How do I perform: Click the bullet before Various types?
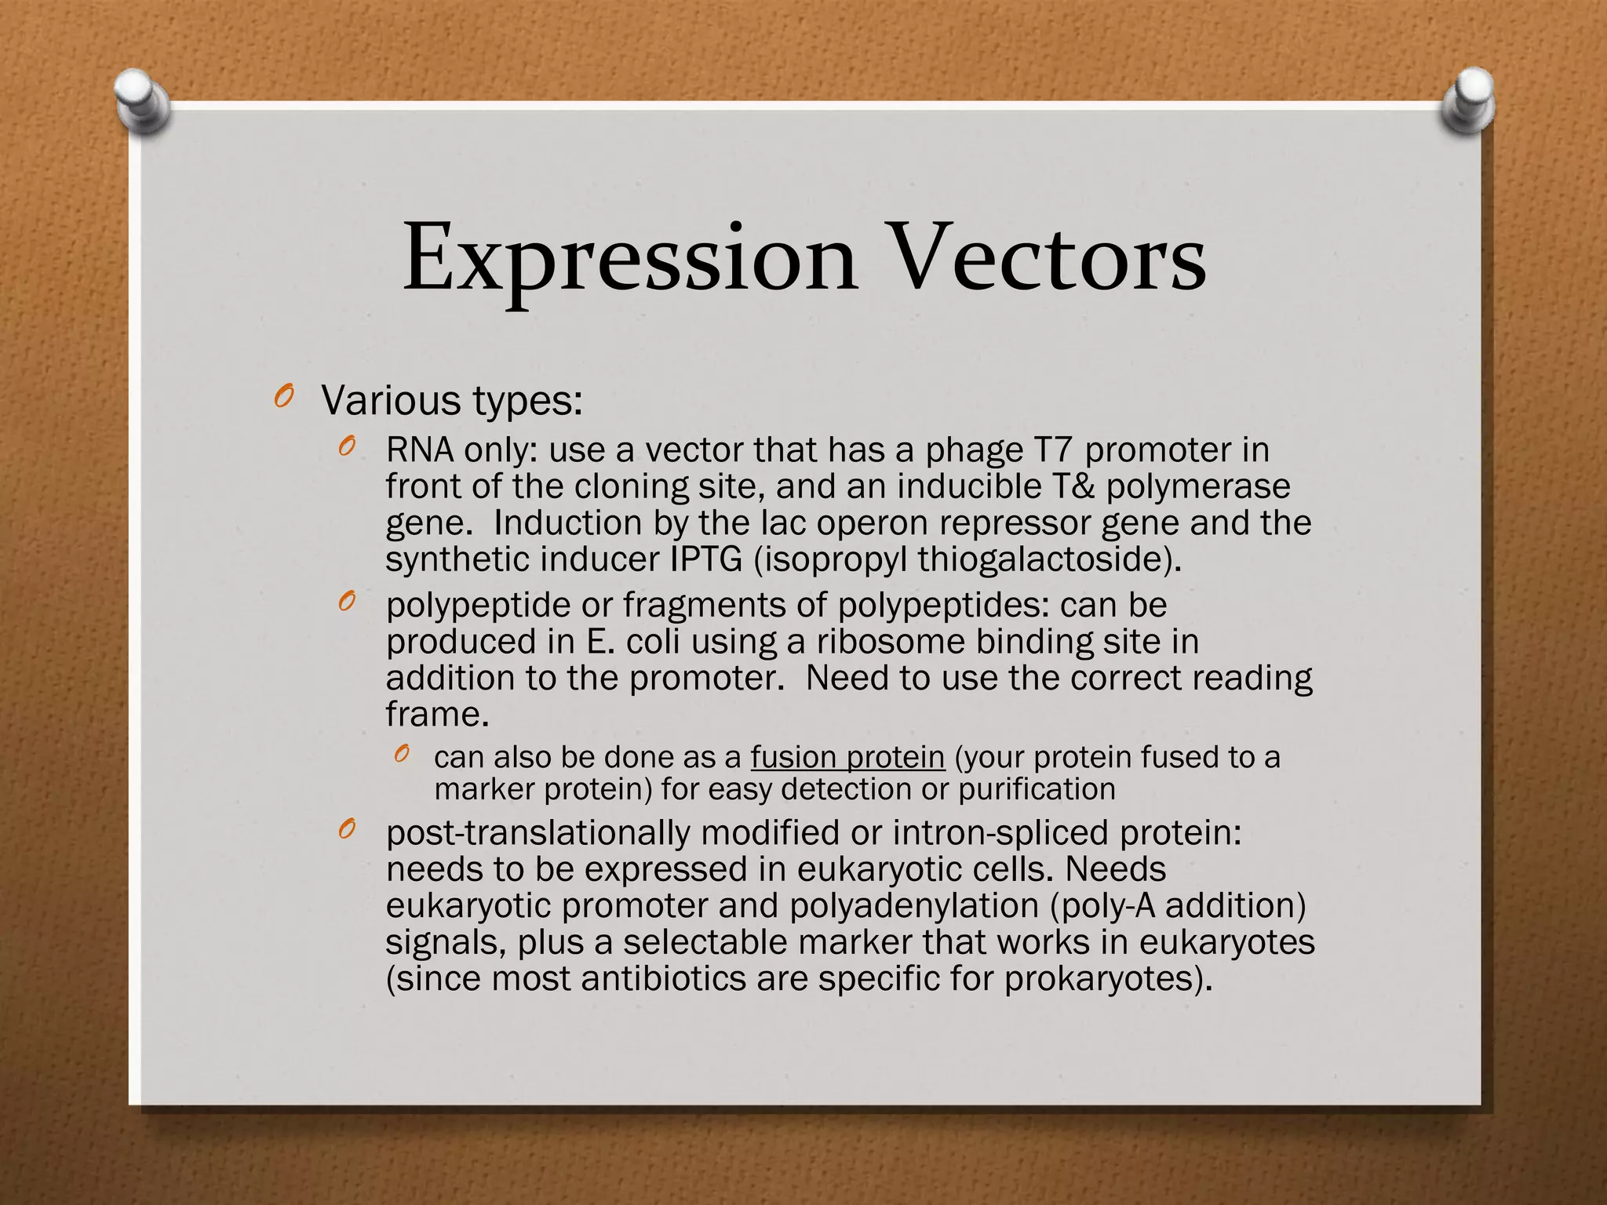click(x=284, y=398)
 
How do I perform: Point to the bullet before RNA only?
click(x=348, y=447)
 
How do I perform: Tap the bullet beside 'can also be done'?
click(x=402, y=755)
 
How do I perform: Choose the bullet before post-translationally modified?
click(x=348, y=829)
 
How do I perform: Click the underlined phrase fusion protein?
click(x=847, y=758)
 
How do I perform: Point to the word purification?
click(x=1037, y=789)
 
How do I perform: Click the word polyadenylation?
click(x=913, y=905)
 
